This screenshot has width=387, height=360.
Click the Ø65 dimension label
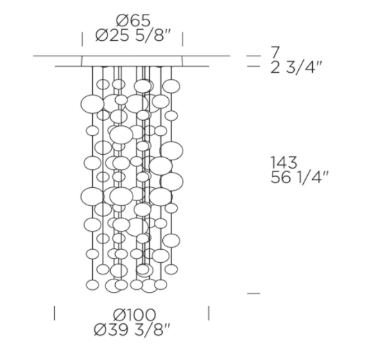point(133,20)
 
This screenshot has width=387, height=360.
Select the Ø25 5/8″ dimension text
point(133,35)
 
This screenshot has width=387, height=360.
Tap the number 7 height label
point(275,52)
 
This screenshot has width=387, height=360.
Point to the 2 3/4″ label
point(296,67)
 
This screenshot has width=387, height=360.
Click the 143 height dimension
point(284,162)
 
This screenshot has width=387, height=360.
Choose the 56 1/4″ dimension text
point(300,178)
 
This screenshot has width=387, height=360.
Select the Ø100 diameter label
point(135,315)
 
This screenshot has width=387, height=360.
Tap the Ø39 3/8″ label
point(132,329)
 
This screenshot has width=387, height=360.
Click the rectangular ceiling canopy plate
point(132,61)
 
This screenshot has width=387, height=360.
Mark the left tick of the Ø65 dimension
point(83,39)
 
